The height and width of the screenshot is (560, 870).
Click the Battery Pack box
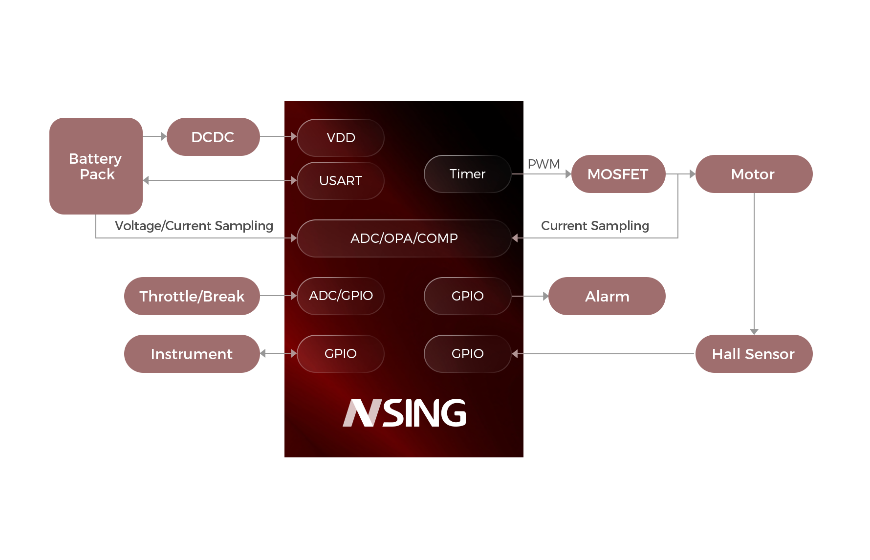(x=95, y=166)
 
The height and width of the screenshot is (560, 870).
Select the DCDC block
(x=213, y=137)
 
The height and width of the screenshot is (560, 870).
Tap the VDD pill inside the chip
(x=341, y=138)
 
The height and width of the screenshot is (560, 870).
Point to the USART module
(x=341, y=181)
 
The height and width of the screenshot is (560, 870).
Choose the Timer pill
(x=467, y=174)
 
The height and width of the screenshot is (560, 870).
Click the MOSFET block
(x=618, y=174)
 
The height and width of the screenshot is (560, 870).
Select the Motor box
(x=753, y=174)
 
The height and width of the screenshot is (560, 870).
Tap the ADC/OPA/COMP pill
(x=404, y=238)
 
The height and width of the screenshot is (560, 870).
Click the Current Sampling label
(x=595, y=226)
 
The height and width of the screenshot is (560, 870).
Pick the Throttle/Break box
(x=192, y=296)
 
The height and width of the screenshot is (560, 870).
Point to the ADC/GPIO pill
(x=341, y=296)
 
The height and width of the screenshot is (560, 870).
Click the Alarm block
(x=607, y=296)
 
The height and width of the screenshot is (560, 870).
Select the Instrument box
(x=192, y=354)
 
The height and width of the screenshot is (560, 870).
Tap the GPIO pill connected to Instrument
(x=341, y=354)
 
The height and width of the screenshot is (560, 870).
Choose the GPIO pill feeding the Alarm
(x=467, y=296)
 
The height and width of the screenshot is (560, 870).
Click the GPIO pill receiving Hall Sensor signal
(x=467, y=354)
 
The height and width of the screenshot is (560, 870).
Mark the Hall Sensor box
(x=753, y=354)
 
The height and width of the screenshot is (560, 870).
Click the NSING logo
(x=404, y=413)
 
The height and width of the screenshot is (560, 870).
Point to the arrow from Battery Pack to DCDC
(x=154, y=136)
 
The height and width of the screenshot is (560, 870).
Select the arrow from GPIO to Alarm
(x=530, y=296)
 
